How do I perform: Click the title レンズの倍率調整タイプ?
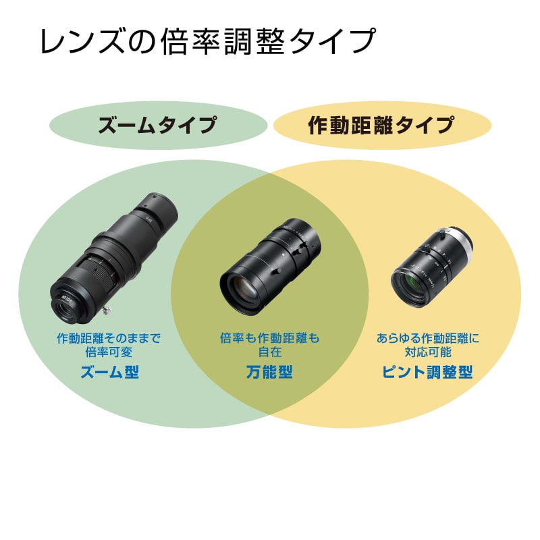click(x=207, y=42)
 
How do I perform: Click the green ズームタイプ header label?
click(x=157, y=126)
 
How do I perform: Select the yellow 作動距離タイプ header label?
click(x=381, y=126)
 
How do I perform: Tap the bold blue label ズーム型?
click(x=109, y=371)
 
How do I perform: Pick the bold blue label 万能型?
click(x=269, y=371)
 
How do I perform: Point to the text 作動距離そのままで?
click(x=109, y=338)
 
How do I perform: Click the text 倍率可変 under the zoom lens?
click(x=109, y=352)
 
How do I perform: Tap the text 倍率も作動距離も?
click(x=269, y=338)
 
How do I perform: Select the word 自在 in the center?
click(x=269, y=352)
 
